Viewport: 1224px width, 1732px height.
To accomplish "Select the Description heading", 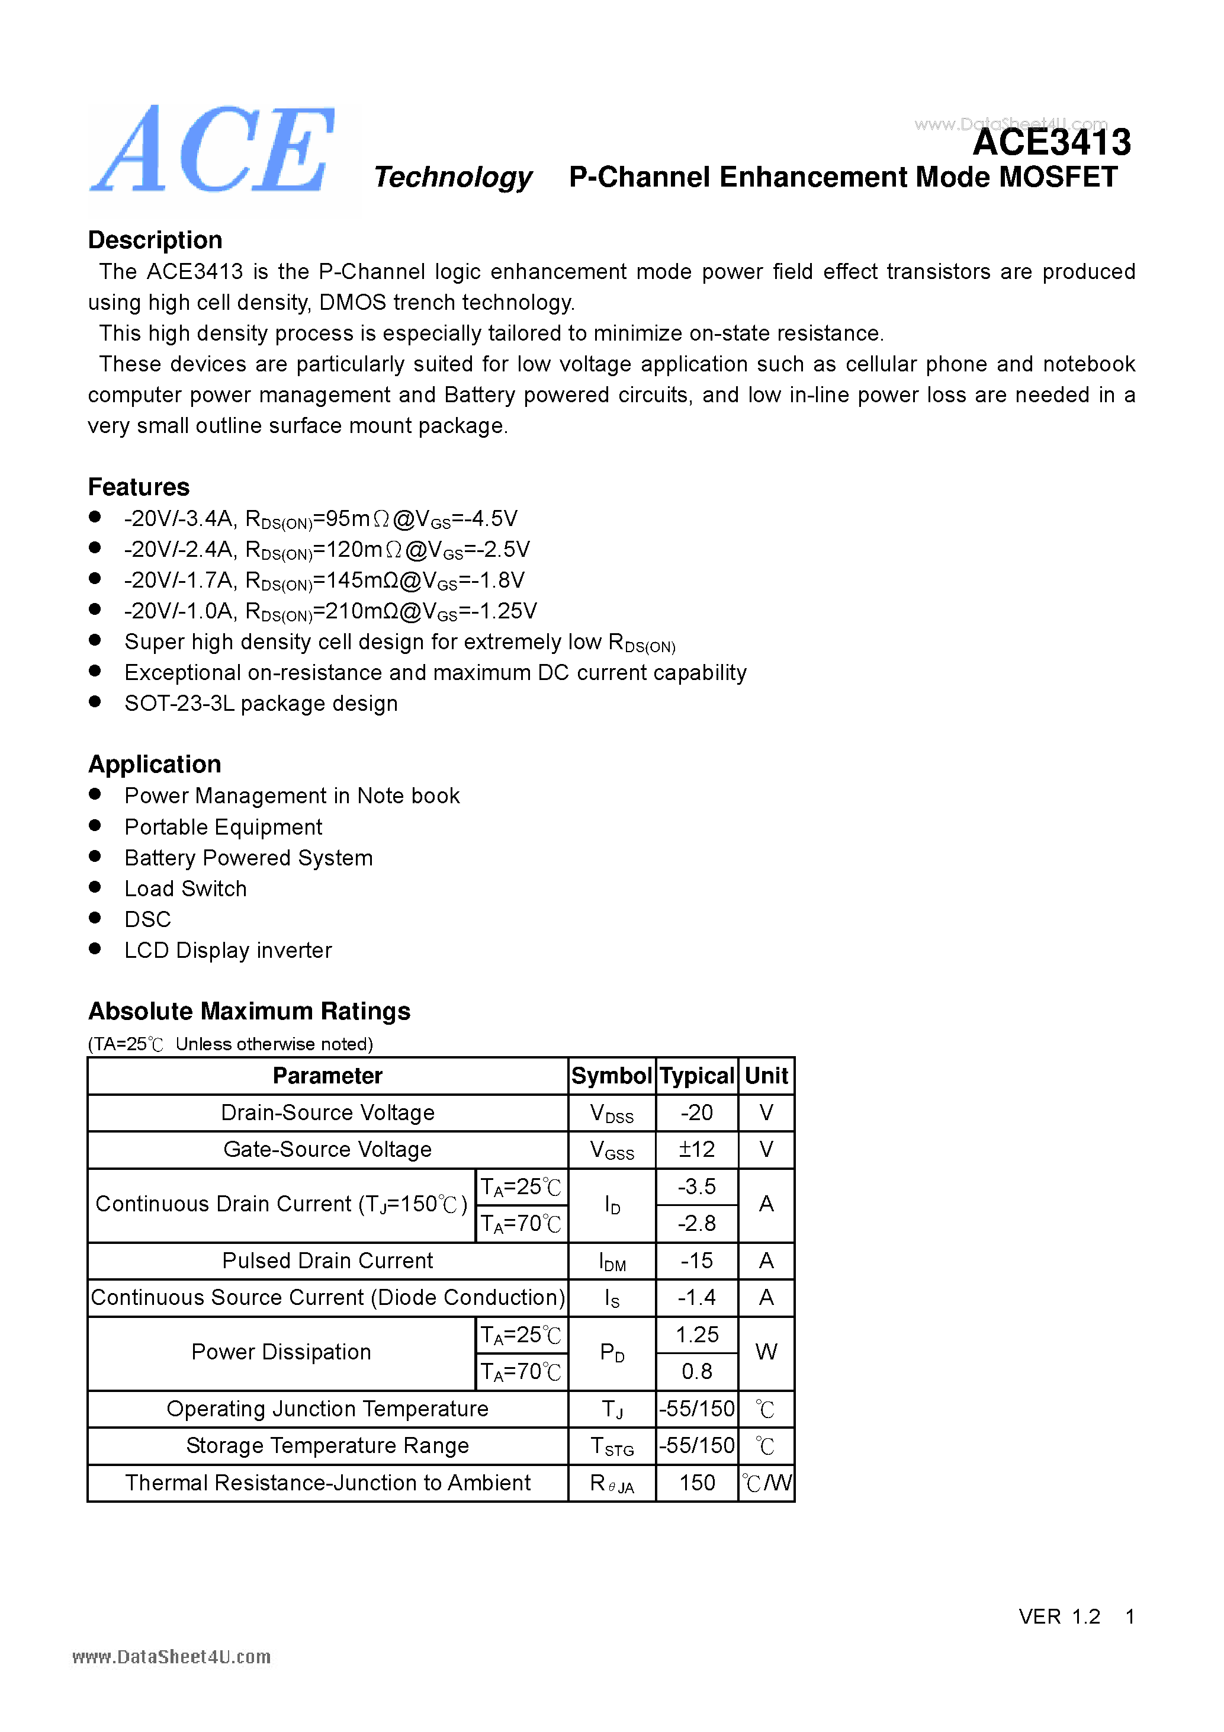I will [x=155, y=240].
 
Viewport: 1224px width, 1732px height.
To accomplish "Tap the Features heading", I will [x=139, y=486].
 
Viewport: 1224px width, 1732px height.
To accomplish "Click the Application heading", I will [x=155, y=764].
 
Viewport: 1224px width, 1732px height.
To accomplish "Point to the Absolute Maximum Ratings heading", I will [x=249, y=1011].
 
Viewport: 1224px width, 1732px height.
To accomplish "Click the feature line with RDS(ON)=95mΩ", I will [x=320, y=519].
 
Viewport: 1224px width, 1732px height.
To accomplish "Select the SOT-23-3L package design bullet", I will [x=261, y=703].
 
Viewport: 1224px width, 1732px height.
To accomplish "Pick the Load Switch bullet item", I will [x=185, y=889].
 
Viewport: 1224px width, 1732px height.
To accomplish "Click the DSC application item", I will [x=148, y=919].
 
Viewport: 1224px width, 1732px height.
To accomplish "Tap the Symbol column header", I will [x=611, y=1076].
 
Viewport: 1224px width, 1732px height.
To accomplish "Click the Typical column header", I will [x=697, y=1076].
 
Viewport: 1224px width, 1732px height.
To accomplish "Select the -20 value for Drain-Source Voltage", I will [x=696, y=1112].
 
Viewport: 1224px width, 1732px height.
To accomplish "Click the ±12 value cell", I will [x=696, y=1150].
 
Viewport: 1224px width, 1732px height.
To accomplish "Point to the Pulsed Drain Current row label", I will [x=327, y=1260].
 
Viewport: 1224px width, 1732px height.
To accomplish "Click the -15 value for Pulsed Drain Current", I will [x=696, y=1260].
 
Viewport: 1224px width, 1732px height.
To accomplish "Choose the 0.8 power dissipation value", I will [x=696, y=1371].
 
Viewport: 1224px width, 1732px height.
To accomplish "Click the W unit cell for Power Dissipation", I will [x=766, y=1352].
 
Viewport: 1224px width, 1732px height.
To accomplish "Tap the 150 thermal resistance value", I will [x=696, y=1483].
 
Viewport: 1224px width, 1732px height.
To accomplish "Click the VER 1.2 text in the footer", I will [x=1059, y=1616].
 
